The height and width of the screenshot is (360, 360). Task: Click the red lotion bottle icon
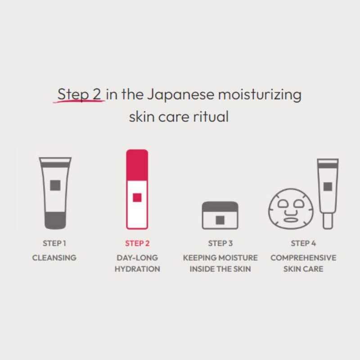point(137,189)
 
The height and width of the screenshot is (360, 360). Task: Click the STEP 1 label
point(54,243)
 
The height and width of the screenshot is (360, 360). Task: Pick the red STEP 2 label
point(137,243)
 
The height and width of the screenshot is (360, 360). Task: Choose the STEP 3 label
point(220,243)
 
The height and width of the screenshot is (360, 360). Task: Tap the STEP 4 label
point(303,243)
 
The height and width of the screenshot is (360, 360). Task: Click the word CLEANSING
point(54,258)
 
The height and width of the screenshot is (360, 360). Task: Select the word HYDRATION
point(137,269)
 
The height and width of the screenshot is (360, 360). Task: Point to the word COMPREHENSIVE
point(303,258)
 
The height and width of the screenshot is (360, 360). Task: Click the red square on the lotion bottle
point(137,197)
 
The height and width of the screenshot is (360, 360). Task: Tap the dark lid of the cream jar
point(220,206)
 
